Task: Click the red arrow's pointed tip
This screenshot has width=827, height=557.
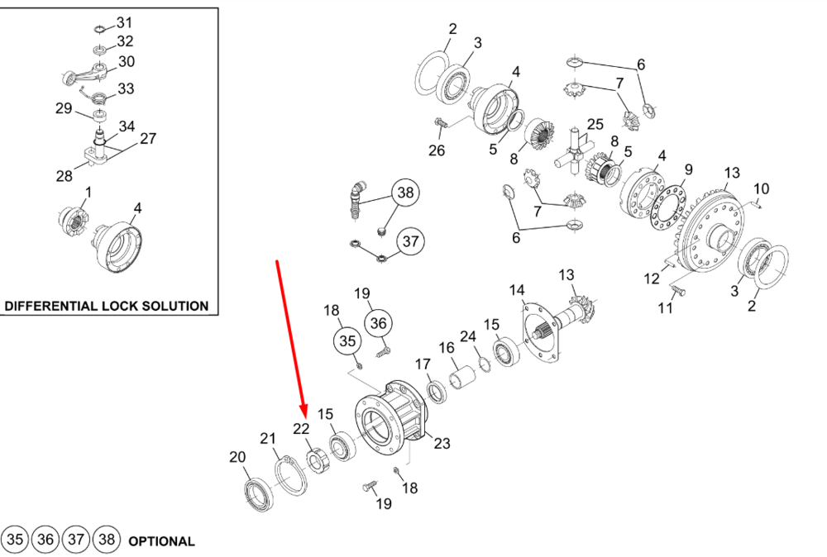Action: (x=305, y=417)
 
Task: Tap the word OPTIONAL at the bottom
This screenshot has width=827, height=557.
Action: (x=161, y=541)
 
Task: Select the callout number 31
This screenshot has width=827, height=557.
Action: (x=124, y=22)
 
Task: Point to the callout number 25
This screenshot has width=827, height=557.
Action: (x=596, y=125)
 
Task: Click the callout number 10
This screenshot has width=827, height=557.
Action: (x=761, y=188)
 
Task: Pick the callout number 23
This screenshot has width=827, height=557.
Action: (x=442, y=444)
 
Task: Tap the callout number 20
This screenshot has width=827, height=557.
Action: (x=237, y=457)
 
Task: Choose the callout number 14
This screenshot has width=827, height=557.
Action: (x=517, y=290)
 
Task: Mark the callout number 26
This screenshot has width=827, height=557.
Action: (x=436, y=150)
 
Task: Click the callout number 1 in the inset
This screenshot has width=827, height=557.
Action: (x=88, y=192)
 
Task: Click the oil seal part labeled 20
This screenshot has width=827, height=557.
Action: (x=256, y=493)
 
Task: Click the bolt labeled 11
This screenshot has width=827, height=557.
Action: (x=676, y=291)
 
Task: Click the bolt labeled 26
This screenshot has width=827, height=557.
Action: (x=439, y=123)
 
